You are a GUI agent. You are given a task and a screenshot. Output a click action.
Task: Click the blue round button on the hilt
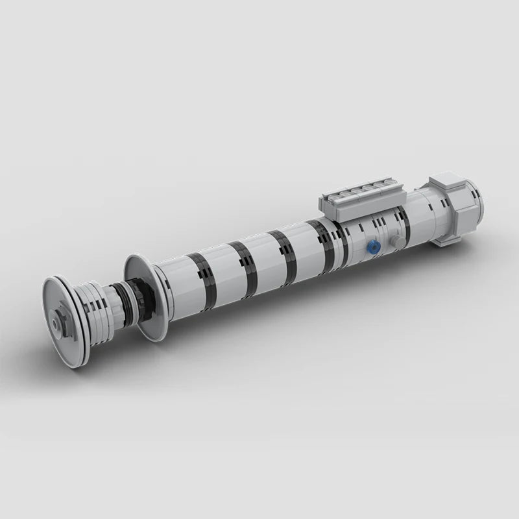click(372, 247)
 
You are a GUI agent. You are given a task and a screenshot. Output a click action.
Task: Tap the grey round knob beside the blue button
click(396, 241)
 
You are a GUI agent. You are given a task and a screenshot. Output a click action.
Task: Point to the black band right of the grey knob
click(406, 224)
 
